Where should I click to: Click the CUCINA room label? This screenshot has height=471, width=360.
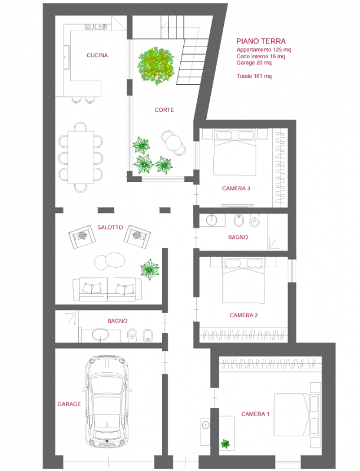coord(97,55)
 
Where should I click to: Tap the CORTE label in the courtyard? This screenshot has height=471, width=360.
coord(164,110)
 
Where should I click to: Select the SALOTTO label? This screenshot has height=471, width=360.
coord(110,227)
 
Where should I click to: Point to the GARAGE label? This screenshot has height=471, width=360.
coord(69,404)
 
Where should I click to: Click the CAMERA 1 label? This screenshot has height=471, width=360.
coord(256,414)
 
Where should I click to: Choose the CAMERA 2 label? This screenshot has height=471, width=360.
coord(244,315)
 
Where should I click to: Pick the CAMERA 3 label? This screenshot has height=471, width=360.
coord(236,188)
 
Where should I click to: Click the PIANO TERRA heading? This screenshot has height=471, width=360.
coord(261,41)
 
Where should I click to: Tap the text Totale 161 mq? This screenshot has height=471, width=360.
coord(254,76)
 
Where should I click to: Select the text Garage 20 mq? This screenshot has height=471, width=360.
coord(254,63)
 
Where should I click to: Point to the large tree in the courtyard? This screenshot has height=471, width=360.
coord(156,66)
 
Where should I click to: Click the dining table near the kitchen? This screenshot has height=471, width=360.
coord(81,157)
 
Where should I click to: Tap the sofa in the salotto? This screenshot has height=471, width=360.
coord(107,289)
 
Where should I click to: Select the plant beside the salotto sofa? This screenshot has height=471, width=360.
coord(150,269)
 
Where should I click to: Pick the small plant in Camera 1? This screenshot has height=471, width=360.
coord(225,443)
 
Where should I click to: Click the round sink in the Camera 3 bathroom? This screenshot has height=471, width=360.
coord(212,220)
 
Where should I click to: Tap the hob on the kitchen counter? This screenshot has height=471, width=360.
coord(96,26)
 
